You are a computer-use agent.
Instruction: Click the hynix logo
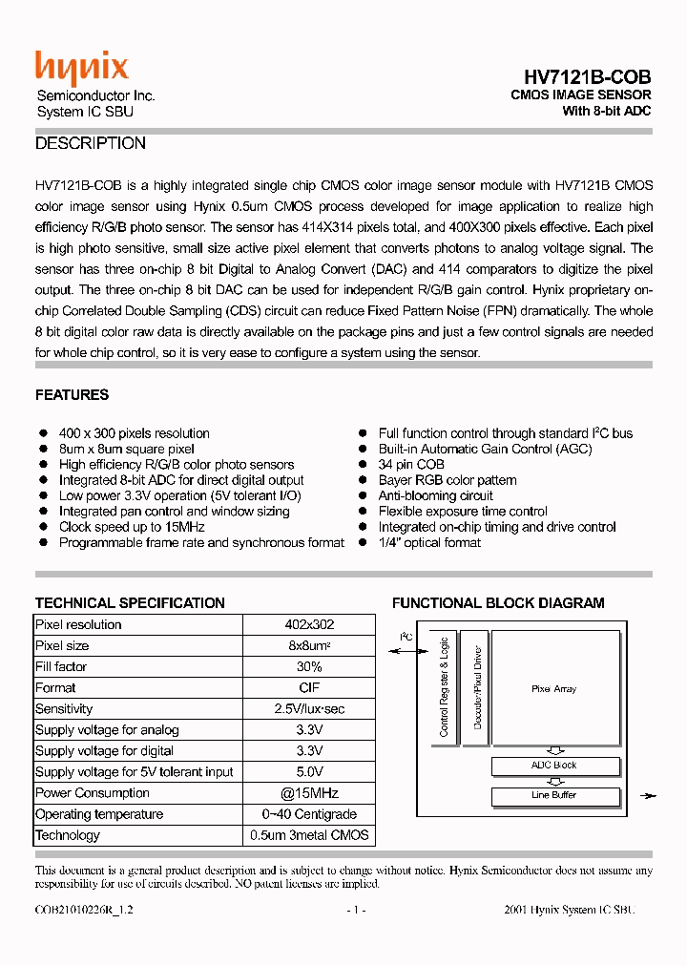point(82,68)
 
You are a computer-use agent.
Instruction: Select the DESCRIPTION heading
point(91,143)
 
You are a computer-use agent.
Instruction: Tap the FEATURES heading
point(72,394)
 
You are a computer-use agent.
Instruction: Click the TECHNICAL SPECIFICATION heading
point(130,602)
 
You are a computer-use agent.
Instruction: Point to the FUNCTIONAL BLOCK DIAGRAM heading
point(498,602)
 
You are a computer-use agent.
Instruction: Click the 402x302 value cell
point(309,624)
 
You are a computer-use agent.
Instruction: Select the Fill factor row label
point(61,666)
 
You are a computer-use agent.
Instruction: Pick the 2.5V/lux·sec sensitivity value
point(309,708)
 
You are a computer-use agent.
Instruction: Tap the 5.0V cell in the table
point(309,771)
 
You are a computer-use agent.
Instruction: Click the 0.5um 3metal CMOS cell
point(309,834)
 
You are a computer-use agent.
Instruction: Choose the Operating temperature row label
point(99,813)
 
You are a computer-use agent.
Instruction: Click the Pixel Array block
point(553,688)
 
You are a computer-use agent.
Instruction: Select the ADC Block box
point(553,766)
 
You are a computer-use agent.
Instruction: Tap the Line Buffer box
point(553,795)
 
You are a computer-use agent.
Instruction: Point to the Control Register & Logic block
point(444,686)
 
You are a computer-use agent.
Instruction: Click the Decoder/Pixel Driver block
point(477,686)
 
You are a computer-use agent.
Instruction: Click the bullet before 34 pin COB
point(363,465)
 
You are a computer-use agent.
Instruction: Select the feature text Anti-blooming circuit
point(435,495)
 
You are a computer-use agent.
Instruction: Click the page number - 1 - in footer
point(356,911)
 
